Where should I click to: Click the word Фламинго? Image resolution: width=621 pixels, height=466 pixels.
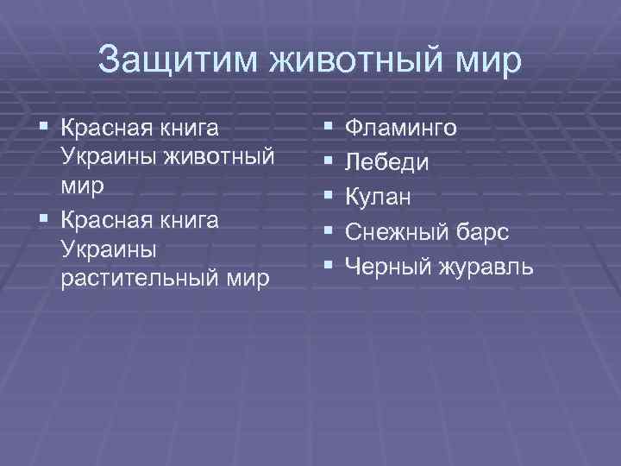coord(401,129)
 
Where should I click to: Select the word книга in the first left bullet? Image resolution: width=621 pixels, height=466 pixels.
coord(187,129)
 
